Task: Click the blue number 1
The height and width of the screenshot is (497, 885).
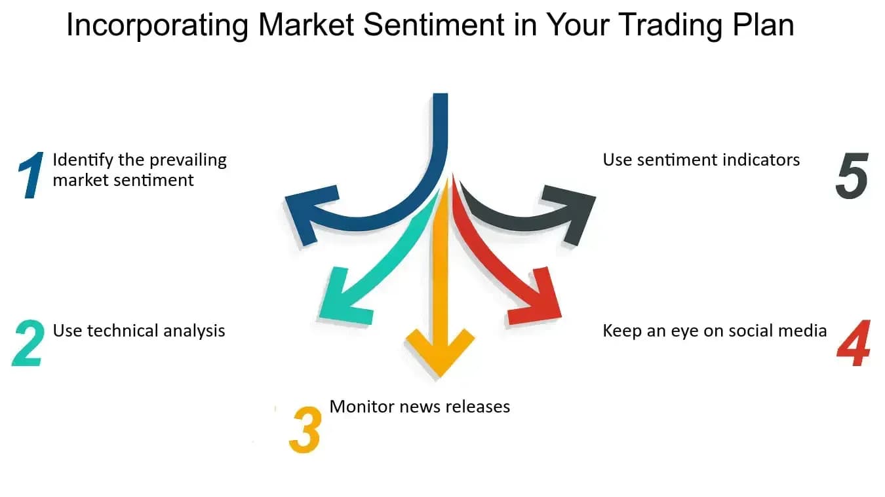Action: coord(31,175)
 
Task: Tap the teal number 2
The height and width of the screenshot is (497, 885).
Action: coord(28,343)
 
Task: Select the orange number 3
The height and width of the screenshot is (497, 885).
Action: coord(305,430)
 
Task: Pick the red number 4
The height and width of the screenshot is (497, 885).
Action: coord(854,343)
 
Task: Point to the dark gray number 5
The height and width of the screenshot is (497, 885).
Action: coord(852,175)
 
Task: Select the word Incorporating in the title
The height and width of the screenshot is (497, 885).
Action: coord(157,26)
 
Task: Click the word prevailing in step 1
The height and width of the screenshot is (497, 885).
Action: coord(188,160)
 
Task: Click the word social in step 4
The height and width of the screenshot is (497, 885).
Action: coord(753,331)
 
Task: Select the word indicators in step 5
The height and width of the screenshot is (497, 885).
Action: coord(761,160)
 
